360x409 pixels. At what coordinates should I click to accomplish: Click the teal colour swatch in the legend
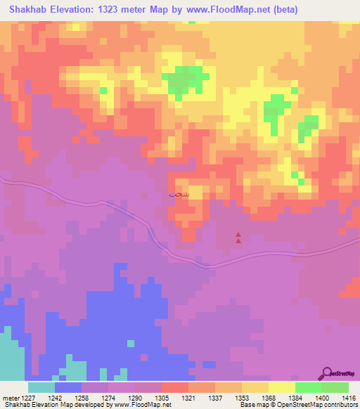(x=41, y=387)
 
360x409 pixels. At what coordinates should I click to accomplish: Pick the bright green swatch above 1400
(x=309, y=387)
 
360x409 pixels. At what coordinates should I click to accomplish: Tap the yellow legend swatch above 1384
(x=282, y=387)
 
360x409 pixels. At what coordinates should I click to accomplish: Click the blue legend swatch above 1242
(x=68, y=387)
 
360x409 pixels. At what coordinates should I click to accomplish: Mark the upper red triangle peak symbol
(x=238, y=235)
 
